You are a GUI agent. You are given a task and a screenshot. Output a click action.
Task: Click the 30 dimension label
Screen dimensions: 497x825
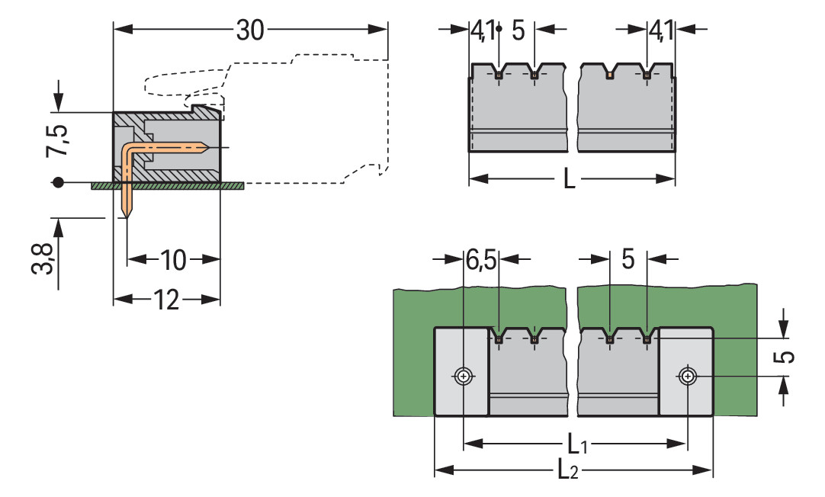pos(250,30)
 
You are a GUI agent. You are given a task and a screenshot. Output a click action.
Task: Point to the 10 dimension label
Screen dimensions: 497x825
pos(173,261)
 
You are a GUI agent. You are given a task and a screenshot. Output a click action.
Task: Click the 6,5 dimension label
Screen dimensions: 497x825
pos(480,261)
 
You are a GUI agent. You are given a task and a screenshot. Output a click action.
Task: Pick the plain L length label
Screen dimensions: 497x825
pos(569,180)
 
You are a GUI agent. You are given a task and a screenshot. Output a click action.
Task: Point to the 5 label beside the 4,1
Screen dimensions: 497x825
pos(518,31)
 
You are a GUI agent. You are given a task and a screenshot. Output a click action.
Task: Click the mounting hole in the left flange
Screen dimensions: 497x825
pos(463,376)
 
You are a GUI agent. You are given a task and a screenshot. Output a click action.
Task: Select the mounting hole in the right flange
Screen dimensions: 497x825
pos(688,376)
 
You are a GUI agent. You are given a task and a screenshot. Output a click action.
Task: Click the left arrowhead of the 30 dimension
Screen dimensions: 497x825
pos(119,30)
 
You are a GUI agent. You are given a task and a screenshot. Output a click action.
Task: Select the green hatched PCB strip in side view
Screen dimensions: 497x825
pos(168,185)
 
